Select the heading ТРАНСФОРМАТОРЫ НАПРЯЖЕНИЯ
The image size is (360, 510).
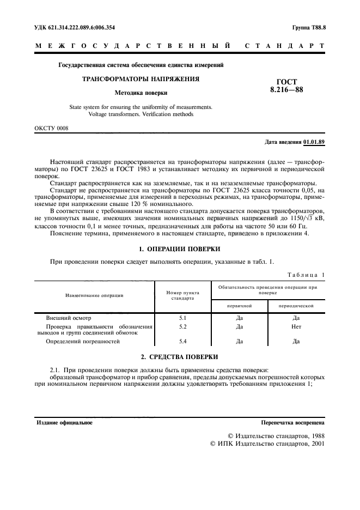141,79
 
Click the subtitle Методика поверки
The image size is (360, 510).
141,93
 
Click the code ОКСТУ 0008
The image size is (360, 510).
52,129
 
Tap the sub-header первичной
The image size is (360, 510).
239,306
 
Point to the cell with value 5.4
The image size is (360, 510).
182,341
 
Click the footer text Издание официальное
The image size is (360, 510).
64,422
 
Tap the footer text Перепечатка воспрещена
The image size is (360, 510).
293,422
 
